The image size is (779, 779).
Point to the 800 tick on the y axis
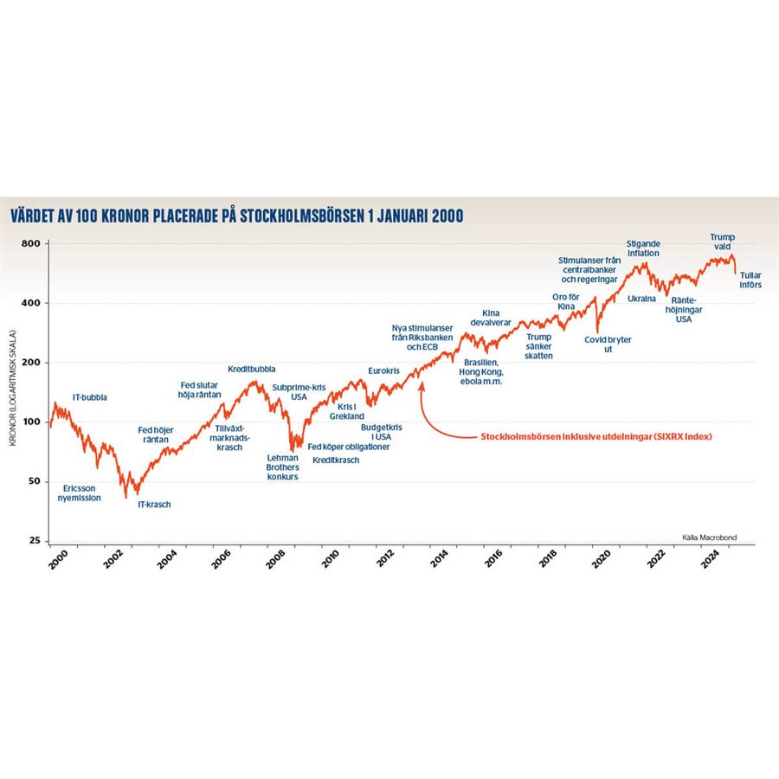coord(32,244)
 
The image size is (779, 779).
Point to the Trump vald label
coord(722,241)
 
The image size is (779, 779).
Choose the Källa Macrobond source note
coord(711,537)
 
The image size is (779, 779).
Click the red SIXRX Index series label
coord(596,437)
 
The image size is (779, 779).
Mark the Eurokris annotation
coord(383,370)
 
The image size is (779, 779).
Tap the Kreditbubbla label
coord(252,369)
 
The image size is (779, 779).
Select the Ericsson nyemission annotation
coord(79,493)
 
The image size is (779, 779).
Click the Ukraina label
coord(642,299)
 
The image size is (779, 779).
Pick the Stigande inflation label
coord(643,248)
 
